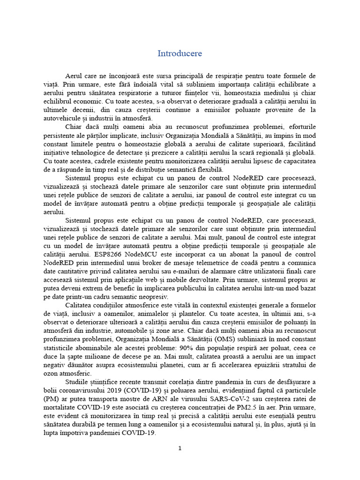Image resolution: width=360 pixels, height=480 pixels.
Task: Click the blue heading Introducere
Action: coord(180,53)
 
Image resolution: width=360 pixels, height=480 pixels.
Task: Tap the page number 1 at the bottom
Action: coord(180,448)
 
